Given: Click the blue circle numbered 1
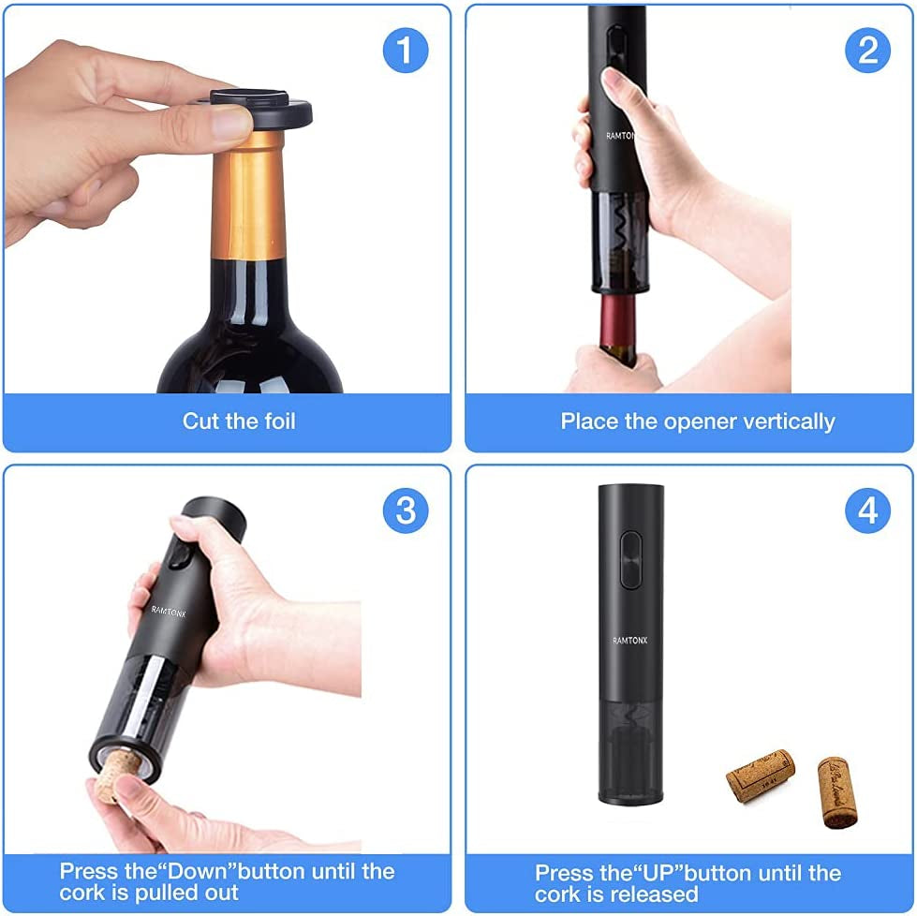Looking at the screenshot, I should (405, 50).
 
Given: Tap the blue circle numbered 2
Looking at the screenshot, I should (867, 50).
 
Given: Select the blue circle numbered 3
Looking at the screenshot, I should (405, 510).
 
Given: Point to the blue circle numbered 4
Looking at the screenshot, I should (867, 510).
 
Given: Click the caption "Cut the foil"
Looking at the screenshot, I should (239, 421).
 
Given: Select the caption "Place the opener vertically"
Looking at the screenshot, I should (697, 421).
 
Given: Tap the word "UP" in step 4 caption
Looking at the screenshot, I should (658, 873).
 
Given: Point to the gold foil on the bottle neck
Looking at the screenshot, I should (247, 197).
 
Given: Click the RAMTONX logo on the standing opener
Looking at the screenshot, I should (630, 640).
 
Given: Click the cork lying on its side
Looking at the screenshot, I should (760, 775).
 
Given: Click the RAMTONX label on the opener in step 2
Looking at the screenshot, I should (621, 136).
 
